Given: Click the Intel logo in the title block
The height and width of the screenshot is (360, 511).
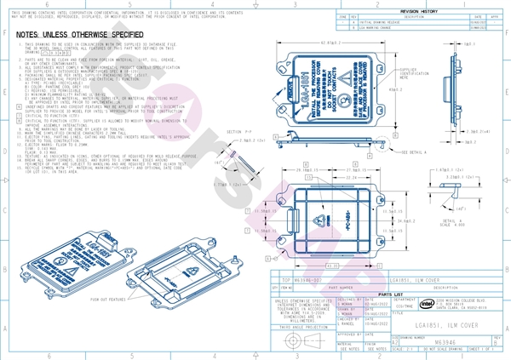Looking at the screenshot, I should coord(424,303).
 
